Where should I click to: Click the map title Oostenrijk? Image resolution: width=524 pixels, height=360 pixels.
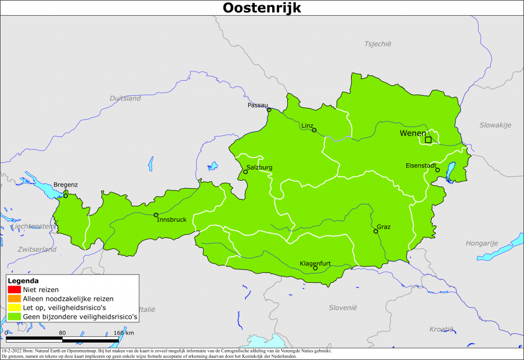click(262, 8)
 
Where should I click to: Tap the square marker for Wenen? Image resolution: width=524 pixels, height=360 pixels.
click(428, 139)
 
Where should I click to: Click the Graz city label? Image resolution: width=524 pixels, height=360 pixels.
click(384, 226)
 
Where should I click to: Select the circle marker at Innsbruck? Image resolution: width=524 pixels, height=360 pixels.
click(156, 215)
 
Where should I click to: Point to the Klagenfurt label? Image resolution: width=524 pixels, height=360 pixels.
click(315, 263)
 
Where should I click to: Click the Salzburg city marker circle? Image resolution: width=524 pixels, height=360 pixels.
click(245, 172)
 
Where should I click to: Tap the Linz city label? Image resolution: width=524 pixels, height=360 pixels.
click(307, 125)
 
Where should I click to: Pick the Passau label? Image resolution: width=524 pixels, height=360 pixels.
click(258, 105)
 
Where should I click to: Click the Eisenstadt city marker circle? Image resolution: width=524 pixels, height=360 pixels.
click(438, 170)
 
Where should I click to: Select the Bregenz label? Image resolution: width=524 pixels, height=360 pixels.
click(66, 185)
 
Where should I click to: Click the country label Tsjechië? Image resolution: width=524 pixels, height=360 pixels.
click(378, 44)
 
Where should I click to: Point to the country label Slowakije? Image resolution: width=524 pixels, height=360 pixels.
click(495, 125)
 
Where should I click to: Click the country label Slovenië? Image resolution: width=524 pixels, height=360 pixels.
click(342, 307)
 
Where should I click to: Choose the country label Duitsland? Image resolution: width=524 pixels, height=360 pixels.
click(125, 98)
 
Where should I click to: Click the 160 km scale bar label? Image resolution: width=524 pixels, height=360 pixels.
click(124, 333)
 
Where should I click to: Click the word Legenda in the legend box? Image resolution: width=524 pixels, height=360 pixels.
click(23, 280)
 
